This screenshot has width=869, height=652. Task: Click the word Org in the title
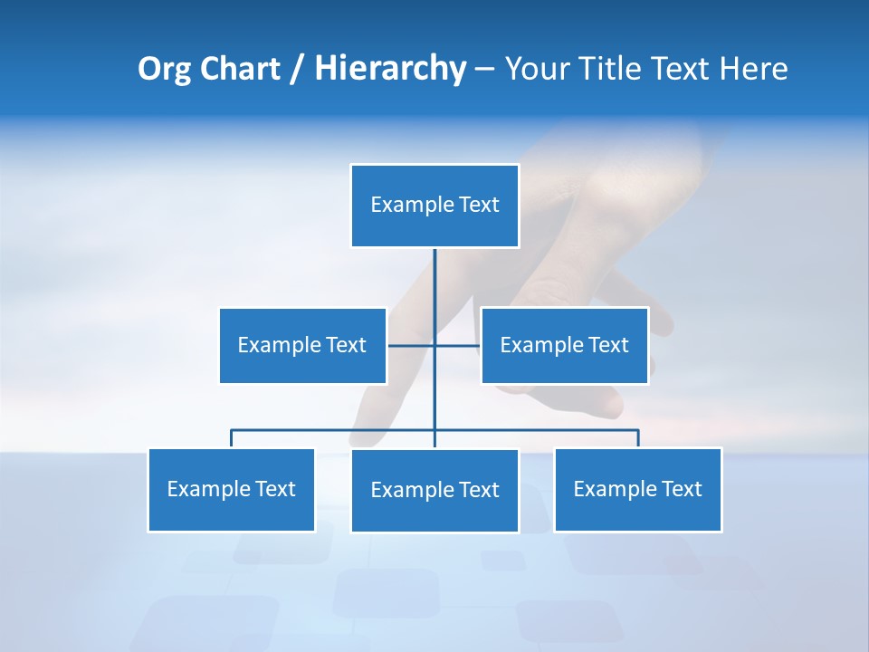coord(164,69)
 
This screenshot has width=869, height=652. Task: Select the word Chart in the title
coord(239,69)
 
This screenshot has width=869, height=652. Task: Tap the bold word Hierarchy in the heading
coord(390,69)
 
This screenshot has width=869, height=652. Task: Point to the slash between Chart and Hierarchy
coord(297,69)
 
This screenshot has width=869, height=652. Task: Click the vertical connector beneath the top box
coord(434,290)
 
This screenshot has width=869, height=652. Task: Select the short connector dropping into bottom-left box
coord(231,438)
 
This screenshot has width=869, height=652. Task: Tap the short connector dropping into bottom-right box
coord(638,438)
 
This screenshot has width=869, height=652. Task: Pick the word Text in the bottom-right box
coord(682,489)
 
